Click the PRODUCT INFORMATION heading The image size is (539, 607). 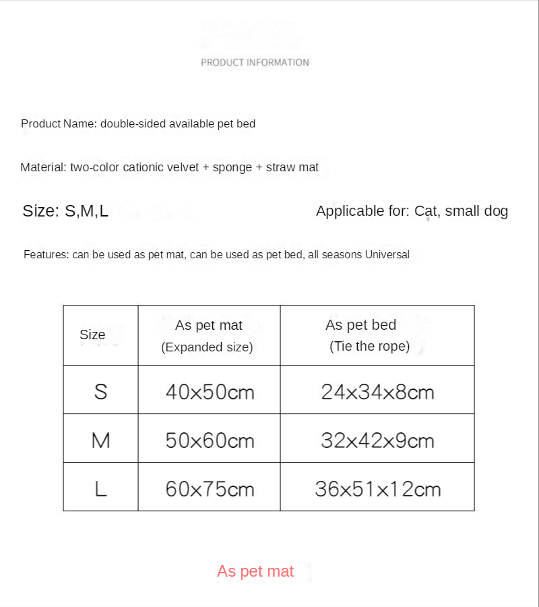point(255,62)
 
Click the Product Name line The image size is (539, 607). point(138,124)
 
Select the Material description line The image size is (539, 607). point(169,167)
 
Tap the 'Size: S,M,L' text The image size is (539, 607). point(65,211)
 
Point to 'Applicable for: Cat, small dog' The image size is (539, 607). point(412,211)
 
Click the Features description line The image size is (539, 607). point(216,255)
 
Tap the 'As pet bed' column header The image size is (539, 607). point(360,325)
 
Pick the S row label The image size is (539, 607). point(100,391)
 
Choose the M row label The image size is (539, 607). point(100,440)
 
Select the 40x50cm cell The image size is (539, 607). point(210,392)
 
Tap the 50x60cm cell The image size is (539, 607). point(210,441)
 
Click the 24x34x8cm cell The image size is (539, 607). point(377,392)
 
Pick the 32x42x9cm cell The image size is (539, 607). point(377,441)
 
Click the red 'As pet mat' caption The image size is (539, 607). point(255,572)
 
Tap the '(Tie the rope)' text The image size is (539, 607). point(369,347)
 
